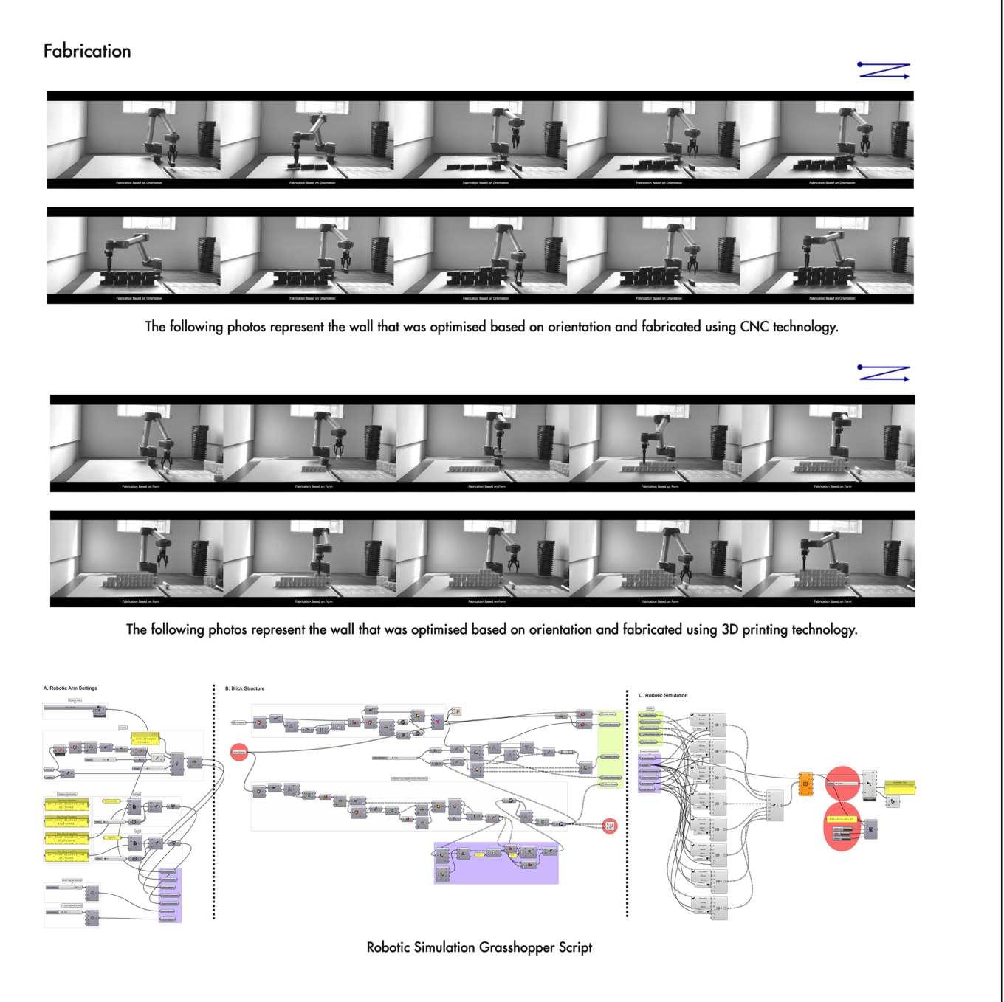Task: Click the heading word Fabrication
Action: (x=87, y=51)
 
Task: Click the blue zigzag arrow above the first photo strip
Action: (x=884, y=71)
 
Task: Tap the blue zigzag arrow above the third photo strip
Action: (x=884, y=373)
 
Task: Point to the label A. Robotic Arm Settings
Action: (x=70, y=688)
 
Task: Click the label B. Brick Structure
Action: (x=244, y=688)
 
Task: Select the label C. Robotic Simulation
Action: (x=663, y=695)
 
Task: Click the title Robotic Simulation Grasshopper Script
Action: (x=479, y=947)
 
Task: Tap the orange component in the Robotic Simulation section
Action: (x=805, y=784)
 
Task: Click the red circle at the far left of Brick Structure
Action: (x=238, y=752)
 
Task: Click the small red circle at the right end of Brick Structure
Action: (x=609, y=826)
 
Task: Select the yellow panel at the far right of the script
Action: (x=899, y=787)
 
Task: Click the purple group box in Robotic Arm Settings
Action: (x=170, y=895)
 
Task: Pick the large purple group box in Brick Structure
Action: (x=496, y=863)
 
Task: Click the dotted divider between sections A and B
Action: (x=214, y=801)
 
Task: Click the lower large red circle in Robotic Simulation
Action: (x=842, y=829)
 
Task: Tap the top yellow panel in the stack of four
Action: (x=66, y=804)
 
